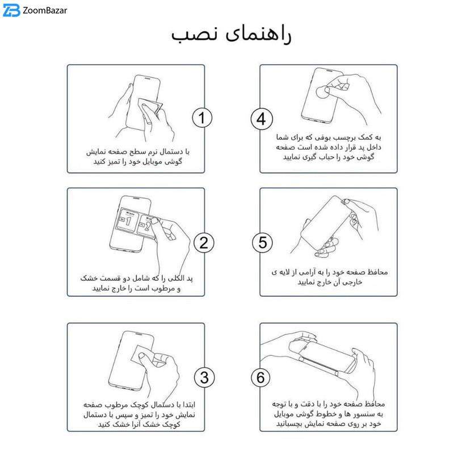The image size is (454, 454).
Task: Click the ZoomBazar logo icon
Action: click(x=11, y=10)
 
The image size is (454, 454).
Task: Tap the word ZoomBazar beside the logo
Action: click(x=45, y=11)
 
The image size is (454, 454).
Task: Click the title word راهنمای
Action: click(x=258, y=35)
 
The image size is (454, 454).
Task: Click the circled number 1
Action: click(x=202, y=118)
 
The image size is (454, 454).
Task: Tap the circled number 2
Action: click(x=204, y=243)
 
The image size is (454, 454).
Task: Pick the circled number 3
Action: click(x=204, y=377)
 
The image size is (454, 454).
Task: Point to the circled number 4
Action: click(x=262, y=119)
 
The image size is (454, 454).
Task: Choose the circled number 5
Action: click(x=262, y=242)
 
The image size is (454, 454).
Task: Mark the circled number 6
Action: click(x=260, y=377)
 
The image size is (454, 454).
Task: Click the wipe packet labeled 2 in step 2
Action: click(x=147, y=226)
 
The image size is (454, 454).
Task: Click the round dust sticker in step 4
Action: click(x=322, y=93)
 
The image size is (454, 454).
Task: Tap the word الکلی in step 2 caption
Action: click(x=175, y=279)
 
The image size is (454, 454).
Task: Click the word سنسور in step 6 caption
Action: click(x=361, y=414)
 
